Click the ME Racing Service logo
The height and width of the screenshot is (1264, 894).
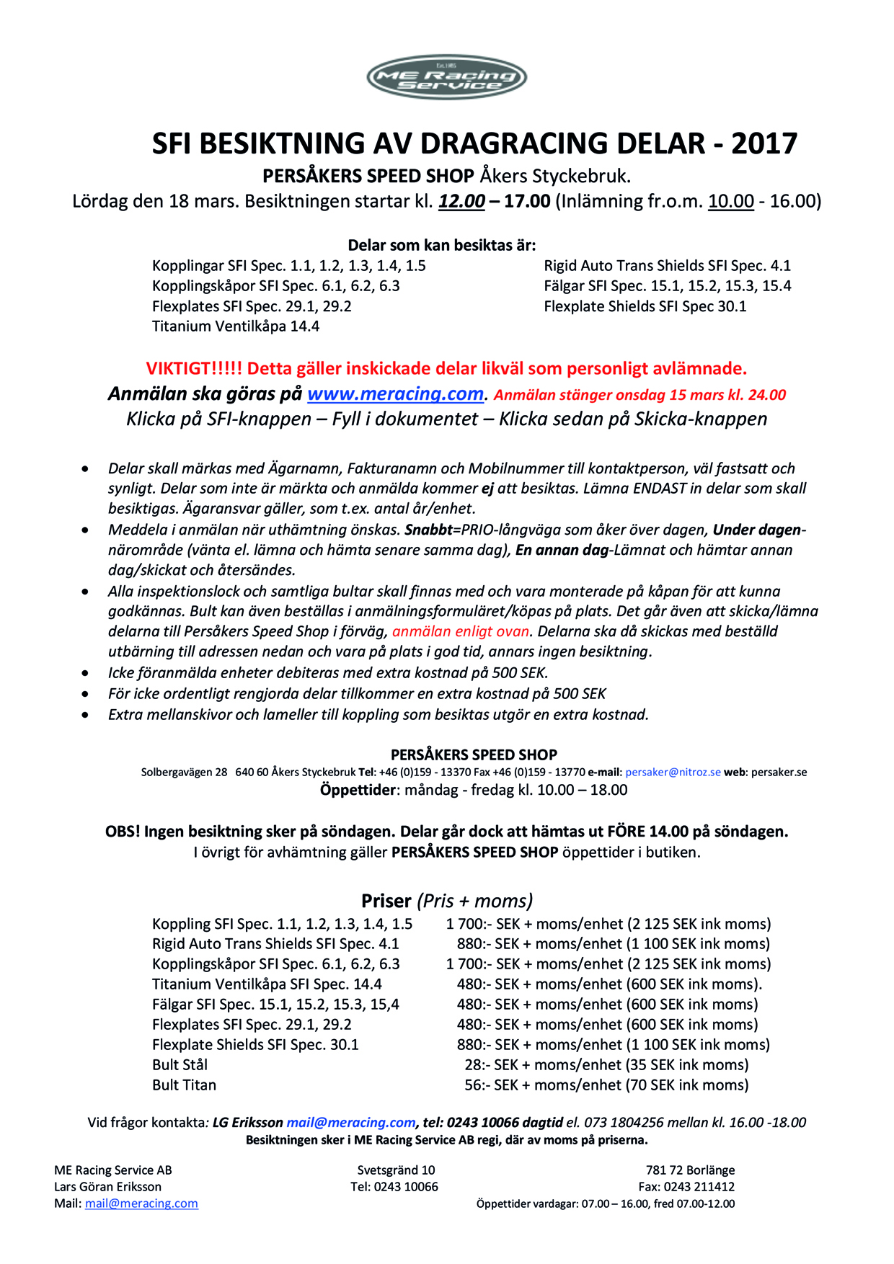pyautogui.click(x=446, y=77)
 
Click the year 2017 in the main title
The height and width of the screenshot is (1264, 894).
pyautogui.click(x=764, y=143)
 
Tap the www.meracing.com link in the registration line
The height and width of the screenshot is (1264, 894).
pyautogui.click(x=395, y=394)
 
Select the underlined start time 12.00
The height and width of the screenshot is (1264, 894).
pyautogui.click(x=461, y=201)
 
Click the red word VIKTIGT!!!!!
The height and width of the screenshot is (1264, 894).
pyautogui.click(x=194, y=369)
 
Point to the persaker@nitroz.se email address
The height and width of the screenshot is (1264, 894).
pyautogui.click(x=673, y=772)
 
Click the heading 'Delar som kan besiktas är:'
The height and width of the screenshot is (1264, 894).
pyautogui.click(x=442, y=245)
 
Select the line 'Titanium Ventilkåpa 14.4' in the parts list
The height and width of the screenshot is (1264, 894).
pyautogui.click(x=236, y=326)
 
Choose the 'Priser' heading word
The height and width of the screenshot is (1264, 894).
pyautogui.click(x=386, y=901)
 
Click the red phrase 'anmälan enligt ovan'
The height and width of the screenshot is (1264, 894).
pyautogui.click(x=461, y=631)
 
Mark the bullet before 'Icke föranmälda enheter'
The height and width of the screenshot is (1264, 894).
pyautogui.click(x=86, y=673)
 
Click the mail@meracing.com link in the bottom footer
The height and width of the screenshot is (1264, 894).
pyautogui.click(x=141, y=1203)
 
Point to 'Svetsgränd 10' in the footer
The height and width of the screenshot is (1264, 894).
pyautogui.click(x=396, y=1170)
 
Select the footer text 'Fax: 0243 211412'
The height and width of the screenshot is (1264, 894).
pyautogui.click(x=686, y=1187)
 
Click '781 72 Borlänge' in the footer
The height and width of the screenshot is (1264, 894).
pyautogui.click(x=690, y=1170)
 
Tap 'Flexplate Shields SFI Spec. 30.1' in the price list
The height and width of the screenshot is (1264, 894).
pyautogui.click(x=255, y=1044)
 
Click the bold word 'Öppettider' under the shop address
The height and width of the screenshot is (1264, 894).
pyautogui.click(x=358, y=790)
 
